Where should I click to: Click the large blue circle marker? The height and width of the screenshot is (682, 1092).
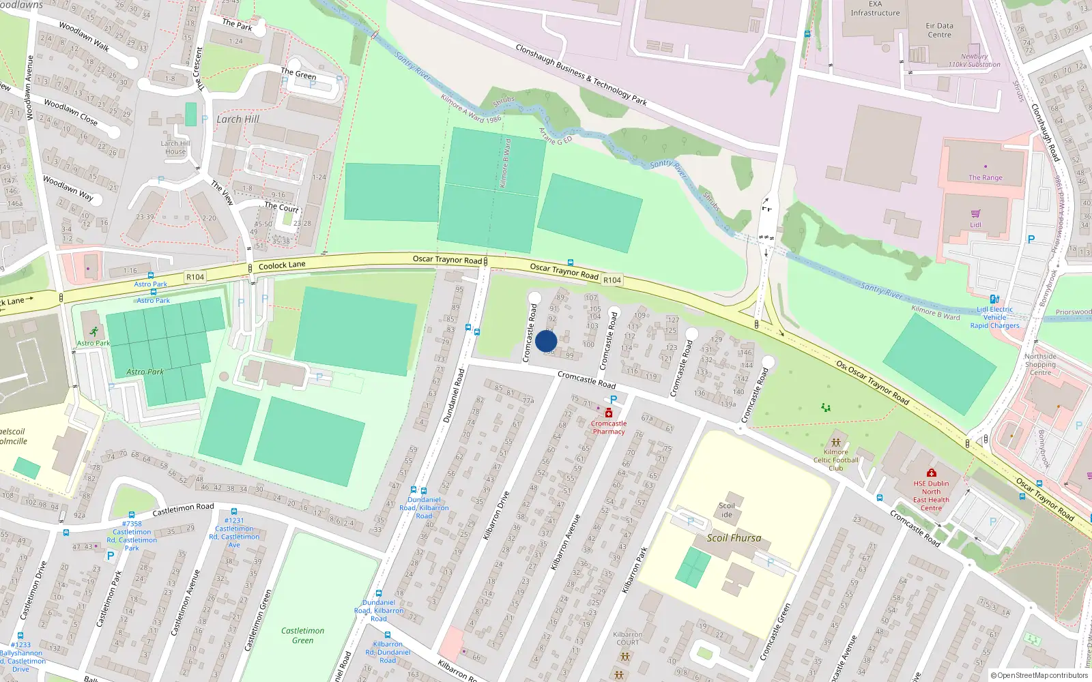coord(546,341)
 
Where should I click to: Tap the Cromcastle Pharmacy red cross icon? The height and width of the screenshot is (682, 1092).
coord(609,413)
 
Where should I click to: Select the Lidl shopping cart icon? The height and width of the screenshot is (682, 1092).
coord(975,213)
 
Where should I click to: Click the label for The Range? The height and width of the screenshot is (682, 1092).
coord(985,177)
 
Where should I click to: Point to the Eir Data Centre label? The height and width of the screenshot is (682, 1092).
coord(939,30)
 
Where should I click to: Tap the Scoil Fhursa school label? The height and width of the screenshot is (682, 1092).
coord(734,538)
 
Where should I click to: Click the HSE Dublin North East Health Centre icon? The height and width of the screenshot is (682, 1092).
coord(931,473)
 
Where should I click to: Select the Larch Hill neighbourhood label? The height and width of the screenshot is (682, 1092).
coord(238,119)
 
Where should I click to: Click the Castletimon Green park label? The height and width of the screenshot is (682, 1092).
coord(302,635)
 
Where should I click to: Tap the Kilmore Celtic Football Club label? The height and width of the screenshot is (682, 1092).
coord(835,460)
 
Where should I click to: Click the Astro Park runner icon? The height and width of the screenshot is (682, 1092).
coord(94,331)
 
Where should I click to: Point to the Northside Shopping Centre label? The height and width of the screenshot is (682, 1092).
coord(1040,364)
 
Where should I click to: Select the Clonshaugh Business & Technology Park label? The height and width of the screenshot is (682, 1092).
coord(581,75)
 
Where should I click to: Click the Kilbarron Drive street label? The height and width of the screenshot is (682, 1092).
coord(496,515)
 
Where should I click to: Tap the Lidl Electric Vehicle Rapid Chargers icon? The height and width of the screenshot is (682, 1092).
coord(994,299)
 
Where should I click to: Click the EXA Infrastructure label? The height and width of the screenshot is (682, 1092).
coord(875,9)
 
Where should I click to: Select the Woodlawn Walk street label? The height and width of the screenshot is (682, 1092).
coord(84,36)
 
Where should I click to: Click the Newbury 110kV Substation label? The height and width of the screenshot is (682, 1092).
coord(974,61)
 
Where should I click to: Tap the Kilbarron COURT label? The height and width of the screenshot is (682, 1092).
coord(627,638)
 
